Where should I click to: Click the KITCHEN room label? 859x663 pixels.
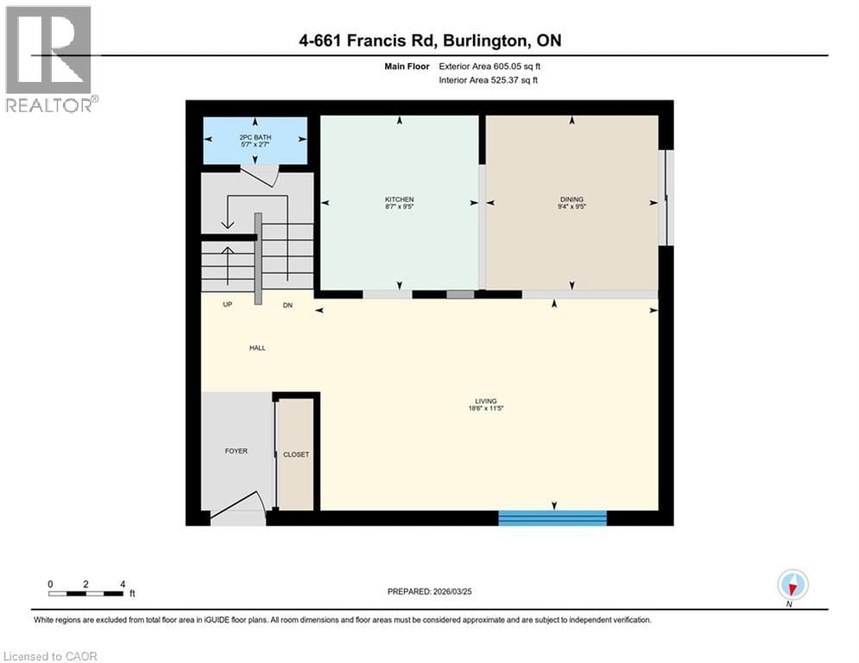tap(399, 199)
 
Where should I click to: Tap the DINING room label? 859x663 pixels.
tap(572, 199)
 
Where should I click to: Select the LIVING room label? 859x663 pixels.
tap(485, 401)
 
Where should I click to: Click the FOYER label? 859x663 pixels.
tap(236, 451)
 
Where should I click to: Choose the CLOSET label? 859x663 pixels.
tap(295, 455)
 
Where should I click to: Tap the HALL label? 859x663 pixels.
tap(256, 348)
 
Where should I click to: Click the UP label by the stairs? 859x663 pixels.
tap(228, 305)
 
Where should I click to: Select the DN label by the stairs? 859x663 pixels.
tap(287, 305)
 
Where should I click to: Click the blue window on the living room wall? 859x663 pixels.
tap(553, 518)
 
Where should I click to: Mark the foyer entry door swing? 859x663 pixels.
tap(240, 508)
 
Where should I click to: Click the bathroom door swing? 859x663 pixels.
tap(259, 176)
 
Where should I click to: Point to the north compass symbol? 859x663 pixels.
tap(792, 584)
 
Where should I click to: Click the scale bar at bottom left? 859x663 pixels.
tap(86, 592)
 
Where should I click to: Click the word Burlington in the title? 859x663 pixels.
tap(480, 41)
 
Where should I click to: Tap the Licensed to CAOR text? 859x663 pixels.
tap(52, 656)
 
